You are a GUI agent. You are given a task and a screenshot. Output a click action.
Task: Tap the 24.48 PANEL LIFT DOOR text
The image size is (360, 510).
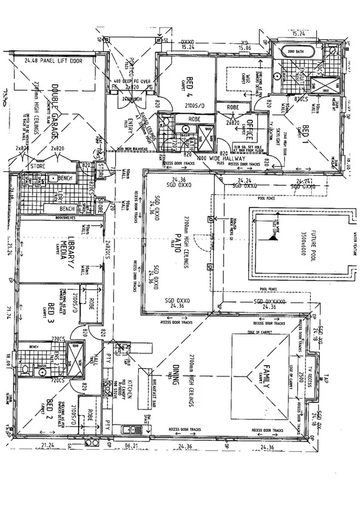(53, 61)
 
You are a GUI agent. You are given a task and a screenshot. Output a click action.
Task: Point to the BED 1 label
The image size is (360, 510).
(304, 131)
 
